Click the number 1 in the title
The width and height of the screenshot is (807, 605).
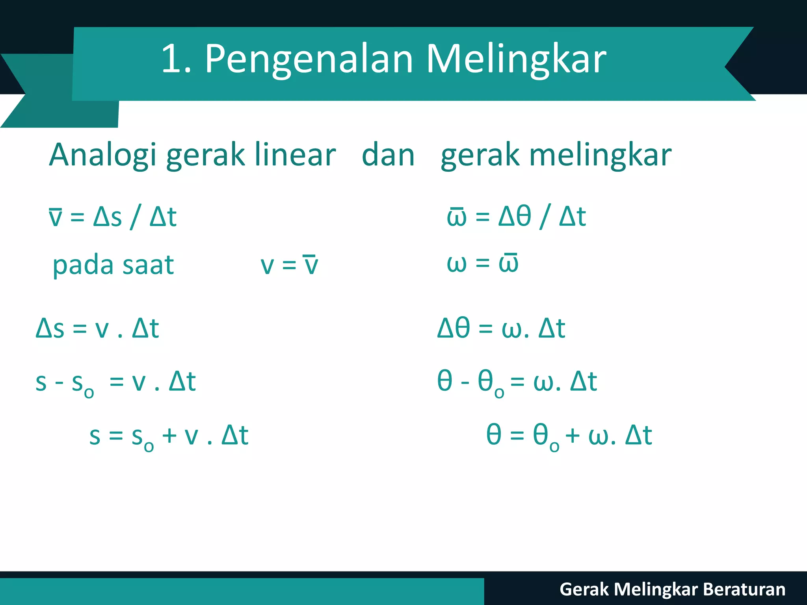pos(171,59)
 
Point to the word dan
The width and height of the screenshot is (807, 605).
pos(388,155)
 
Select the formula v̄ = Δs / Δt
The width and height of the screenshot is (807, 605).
pos(113,217)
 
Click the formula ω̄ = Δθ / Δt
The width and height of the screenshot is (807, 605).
pos(516,216)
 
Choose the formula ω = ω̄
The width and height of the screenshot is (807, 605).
pos(483,263)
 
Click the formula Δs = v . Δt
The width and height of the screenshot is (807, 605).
pos(97,328)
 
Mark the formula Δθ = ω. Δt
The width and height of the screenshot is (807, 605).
pos(501,328)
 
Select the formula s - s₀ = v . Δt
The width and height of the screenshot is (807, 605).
pos(115,382)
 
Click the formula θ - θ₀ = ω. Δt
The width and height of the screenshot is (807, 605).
pos(517,382)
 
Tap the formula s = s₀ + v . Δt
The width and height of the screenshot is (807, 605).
pos(169,436)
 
